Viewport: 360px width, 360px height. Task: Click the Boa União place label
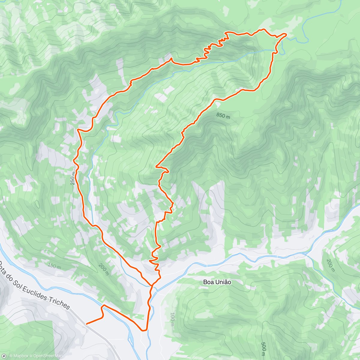tap(217, 282)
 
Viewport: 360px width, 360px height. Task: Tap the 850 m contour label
tap(223, 115)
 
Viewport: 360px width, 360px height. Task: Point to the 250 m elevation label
tap(73, 177)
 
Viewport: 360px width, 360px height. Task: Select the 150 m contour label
tap(54, 266)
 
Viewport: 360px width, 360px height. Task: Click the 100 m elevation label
tap(172, 319)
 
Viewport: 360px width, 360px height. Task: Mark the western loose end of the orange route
tap(87, 324)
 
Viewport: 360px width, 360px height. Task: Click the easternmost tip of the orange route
tap(286, 34)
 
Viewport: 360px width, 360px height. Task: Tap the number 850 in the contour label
tap(220, 115)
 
